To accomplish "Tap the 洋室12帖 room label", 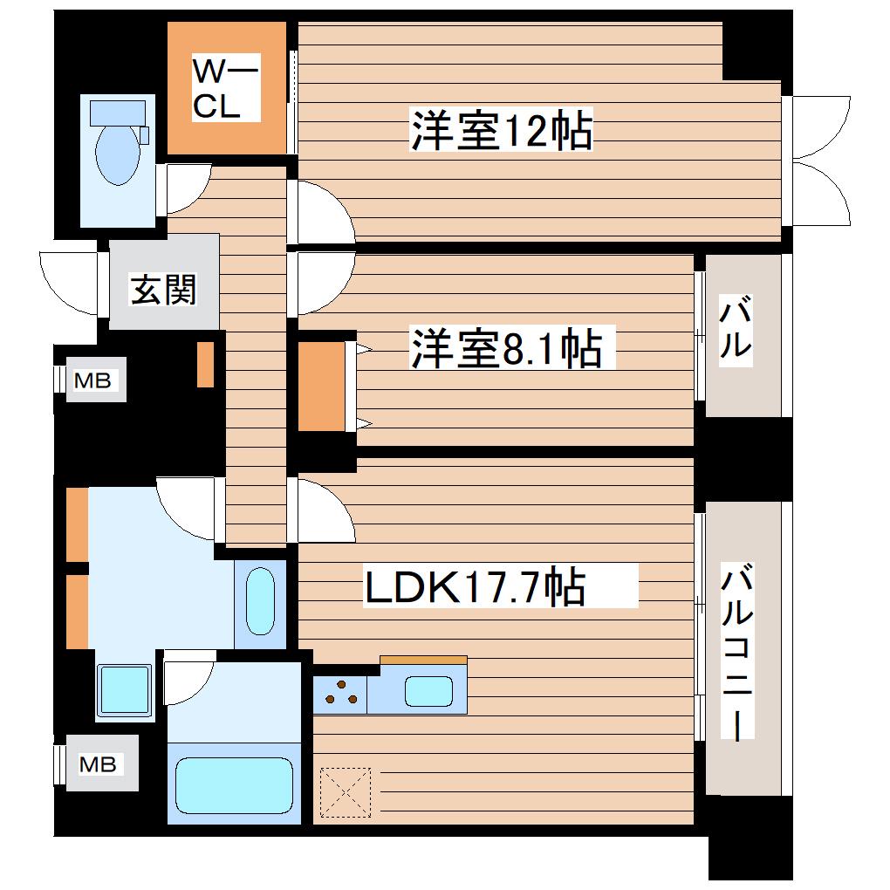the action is click(501, 130).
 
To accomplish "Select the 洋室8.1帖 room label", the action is click(506, 347).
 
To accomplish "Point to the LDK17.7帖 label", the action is click(475, 585).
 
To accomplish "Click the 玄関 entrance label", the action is click(163, 290).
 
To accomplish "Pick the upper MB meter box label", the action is click(92, 380).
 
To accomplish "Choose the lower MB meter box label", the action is click(98, 764).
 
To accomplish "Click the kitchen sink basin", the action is click(428, 692).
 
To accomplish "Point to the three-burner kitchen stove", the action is click(340, 695).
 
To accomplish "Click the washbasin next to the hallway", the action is click(261, 600).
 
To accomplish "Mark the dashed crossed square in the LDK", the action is click(346, 792).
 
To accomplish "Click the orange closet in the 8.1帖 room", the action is click(322, 386).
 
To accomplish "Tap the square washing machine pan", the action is click(125, 690).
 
